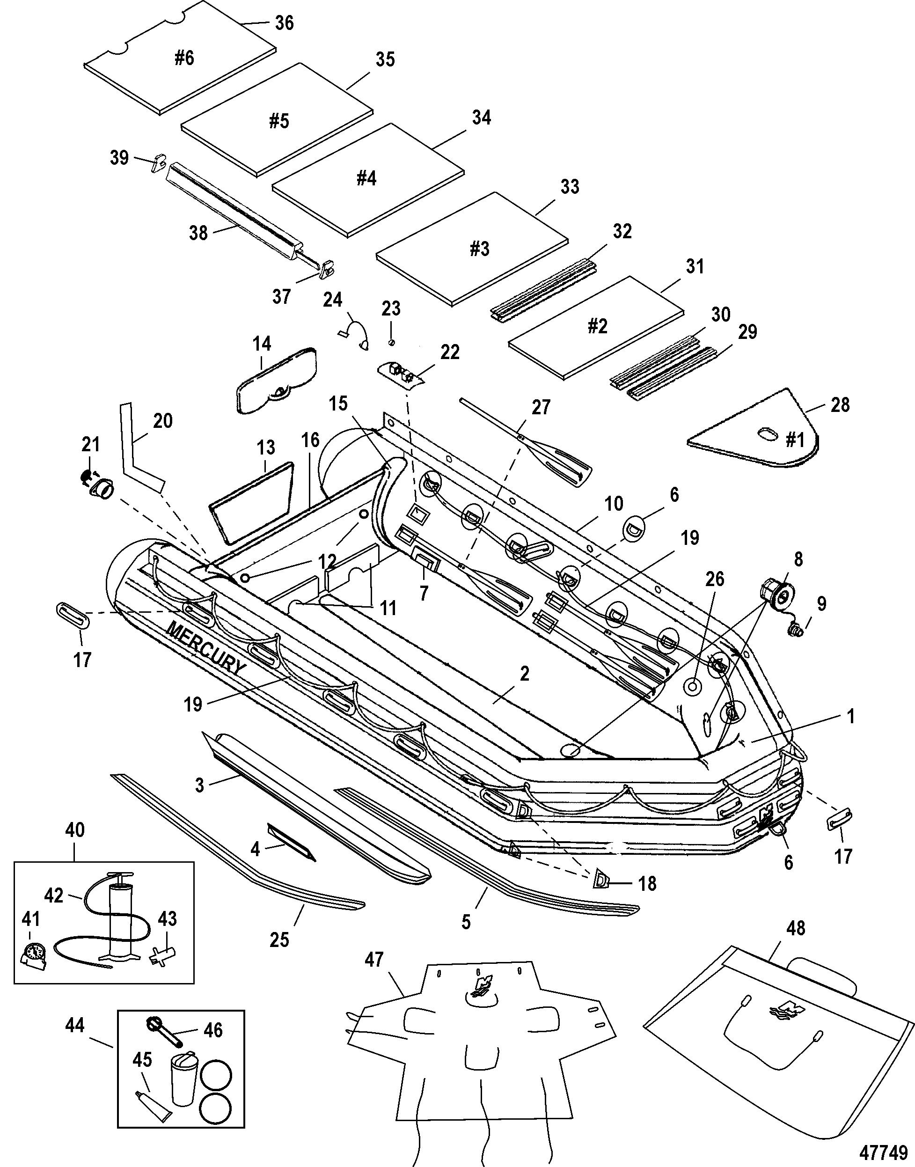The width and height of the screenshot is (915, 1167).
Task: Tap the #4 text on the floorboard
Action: (366, 178)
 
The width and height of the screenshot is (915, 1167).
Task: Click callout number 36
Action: (284, 23)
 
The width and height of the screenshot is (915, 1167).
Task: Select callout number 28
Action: (840, 404)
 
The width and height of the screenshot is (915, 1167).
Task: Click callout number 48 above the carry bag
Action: (796, 927)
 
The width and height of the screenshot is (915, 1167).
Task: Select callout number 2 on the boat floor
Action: (525, 674)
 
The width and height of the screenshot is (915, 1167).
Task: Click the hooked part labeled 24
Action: (355, 333)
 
